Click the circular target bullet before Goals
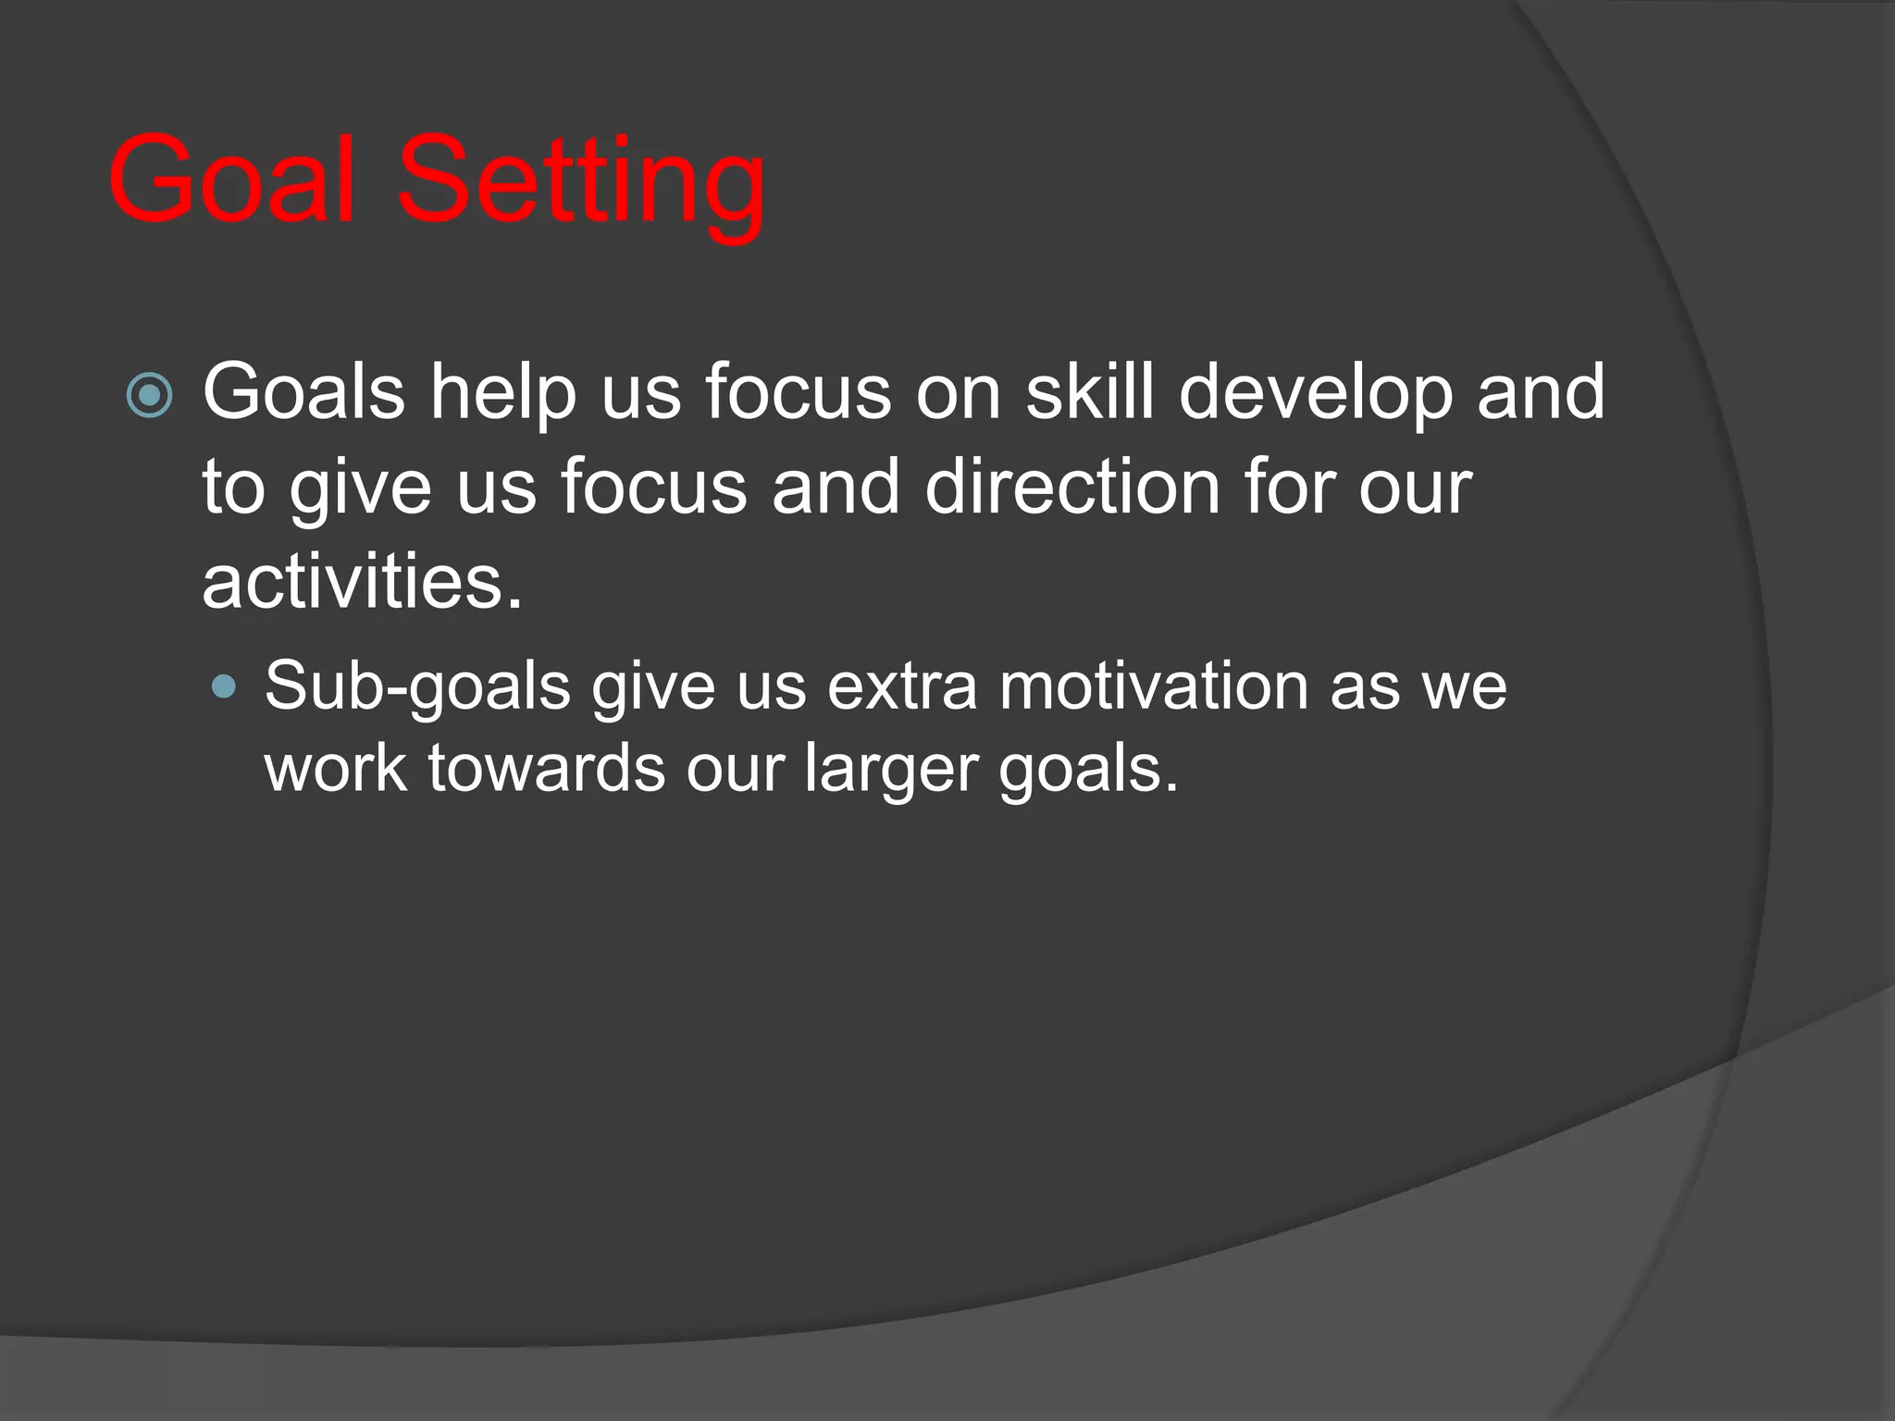[x=149, y=396]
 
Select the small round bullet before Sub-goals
[x=224, y=686]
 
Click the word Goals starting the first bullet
[x=303, y=392]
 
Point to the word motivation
[x=1153, y=686]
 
